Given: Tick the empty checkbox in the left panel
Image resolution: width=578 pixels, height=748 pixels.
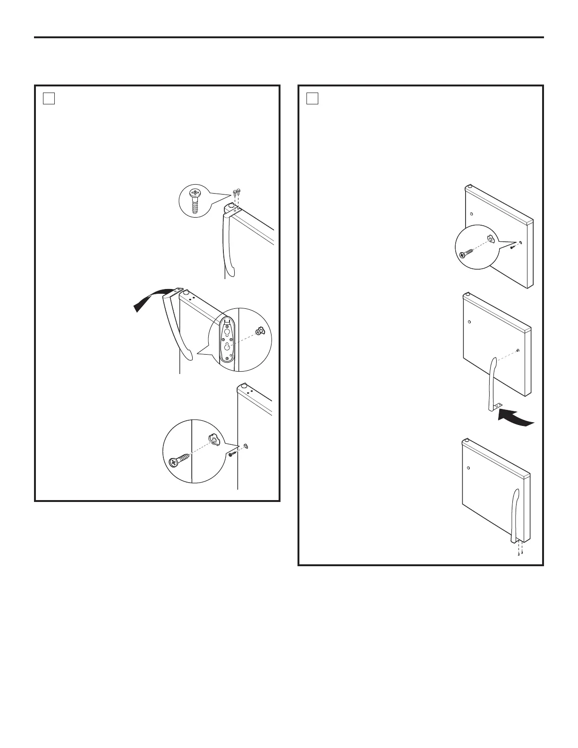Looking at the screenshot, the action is coord(49,98).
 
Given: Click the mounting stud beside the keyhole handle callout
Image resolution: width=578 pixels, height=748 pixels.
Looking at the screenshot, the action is coord(259,332).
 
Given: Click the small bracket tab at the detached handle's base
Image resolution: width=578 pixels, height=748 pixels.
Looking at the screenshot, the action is coord(496,406).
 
